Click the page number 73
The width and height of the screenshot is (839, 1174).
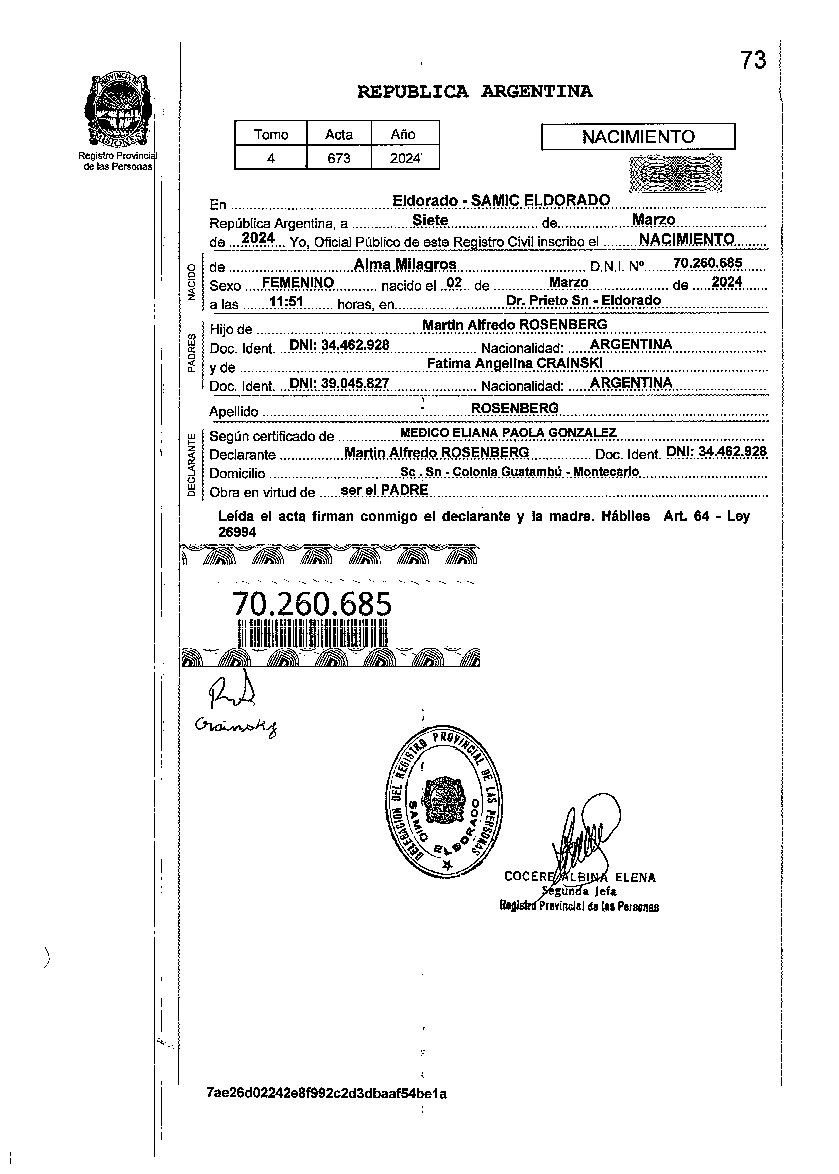(753, 60)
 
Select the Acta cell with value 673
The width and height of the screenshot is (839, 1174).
(339, 158)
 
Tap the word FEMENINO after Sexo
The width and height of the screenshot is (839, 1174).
(298, 283)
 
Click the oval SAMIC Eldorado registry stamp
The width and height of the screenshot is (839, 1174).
(444, 804)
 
